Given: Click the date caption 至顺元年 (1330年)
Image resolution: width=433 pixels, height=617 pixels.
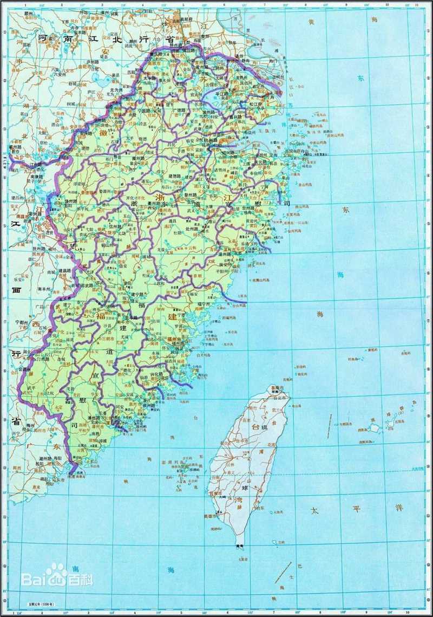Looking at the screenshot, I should click(x=40, y=603).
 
